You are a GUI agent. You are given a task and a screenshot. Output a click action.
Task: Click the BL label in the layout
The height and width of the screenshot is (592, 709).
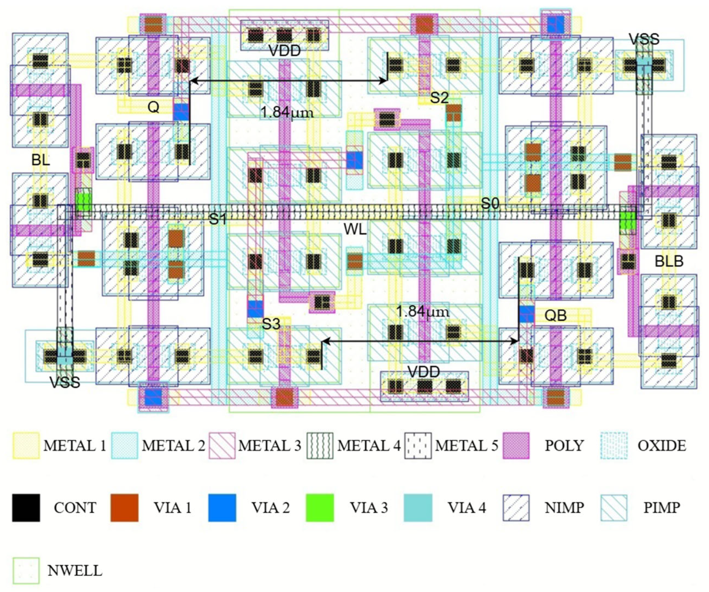pos(41,159)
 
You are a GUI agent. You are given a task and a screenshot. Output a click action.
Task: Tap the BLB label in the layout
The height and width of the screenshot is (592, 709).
pos(669,261)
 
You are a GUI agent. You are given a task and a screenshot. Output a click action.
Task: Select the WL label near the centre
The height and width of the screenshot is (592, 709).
pos(355,230)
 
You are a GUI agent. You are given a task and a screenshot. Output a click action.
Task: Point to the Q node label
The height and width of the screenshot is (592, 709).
pos(153,108)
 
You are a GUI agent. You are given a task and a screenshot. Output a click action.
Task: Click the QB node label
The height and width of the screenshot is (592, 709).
pos(555,316)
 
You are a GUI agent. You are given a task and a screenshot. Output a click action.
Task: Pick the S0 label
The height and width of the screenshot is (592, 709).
pos(490,203)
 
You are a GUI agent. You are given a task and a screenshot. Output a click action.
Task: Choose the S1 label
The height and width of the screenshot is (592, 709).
pos(218,219)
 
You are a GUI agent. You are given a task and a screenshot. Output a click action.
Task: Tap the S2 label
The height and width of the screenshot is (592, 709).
pos(439,98)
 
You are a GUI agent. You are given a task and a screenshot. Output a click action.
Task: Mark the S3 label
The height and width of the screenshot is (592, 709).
pos(271,324)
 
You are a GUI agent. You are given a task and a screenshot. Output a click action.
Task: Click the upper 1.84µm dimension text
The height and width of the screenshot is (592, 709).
pos(287,113)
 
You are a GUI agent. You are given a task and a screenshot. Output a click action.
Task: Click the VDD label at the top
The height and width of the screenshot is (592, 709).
pos(284,51)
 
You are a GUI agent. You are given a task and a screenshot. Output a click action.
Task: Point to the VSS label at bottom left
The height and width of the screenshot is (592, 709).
pos(65,382)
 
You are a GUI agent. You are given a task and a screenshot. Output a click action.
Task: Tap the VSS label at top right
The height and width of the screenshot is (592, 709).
pos(644,39)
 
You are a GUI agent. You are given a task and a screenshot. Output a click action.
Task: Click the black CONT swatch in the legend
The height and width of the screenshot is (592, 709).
pos(26,508)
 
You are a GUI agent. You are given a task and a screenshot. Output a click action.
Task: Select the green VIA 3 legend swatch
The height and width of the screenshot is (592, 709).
pos(320,508)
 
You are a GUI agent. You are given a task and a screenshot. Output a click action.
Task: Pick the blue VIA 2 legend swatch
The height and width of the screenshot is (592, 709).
pos(222,508)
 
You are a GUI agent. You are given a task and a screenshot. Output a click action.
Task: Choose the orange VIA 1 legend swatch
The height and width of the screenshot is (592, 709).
pos(124,508)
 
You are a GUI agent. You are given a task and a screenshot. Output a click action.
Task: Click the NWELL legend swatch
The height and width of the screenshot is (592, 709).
pos(26,571)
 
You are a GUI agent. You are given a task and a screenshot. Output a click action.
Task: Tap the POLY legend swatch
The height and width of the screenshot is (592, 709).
pos(516,446)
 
